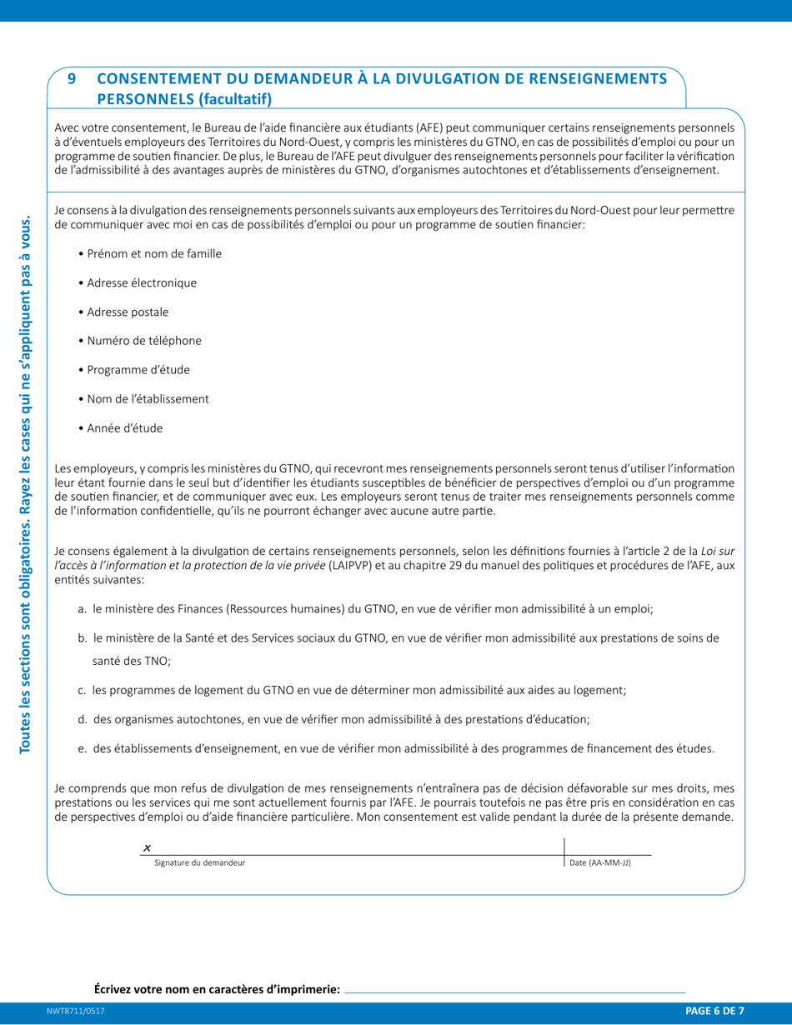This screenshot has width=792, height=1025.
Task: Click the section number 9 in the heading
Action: tap(72, 80)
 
